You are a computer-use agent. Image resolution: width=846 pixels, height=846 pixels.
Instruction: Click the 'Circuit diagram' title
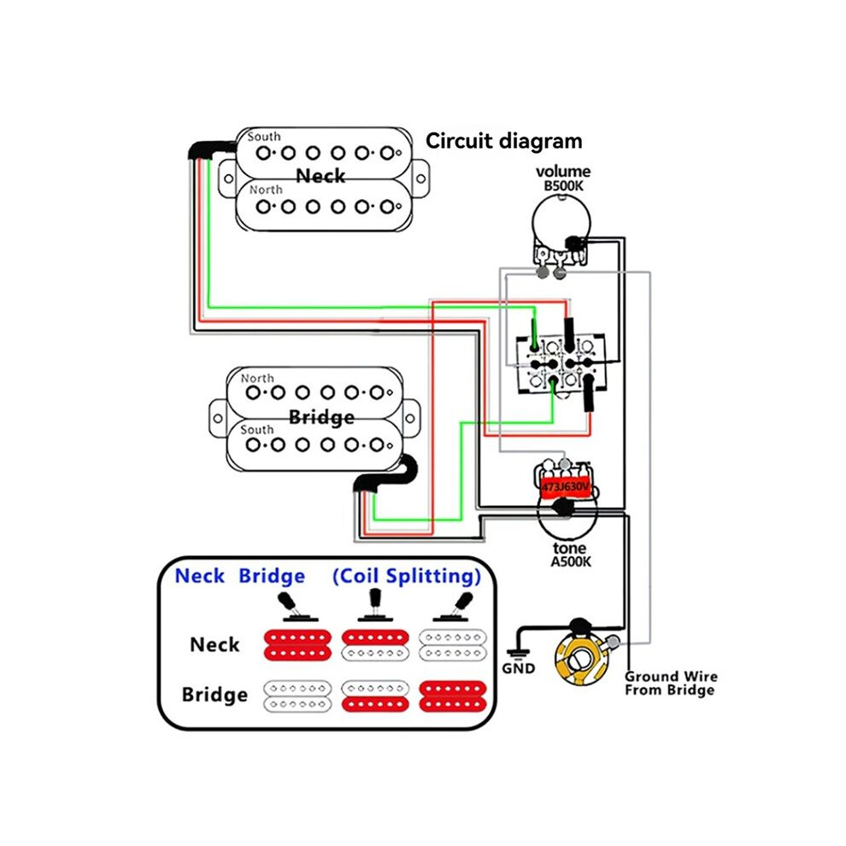pyautogui.click(x=504, y=141)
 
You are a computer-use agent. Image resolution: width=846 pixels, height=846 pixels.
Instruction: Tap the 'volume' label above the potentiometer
pyautogui.click(x=563, y=172)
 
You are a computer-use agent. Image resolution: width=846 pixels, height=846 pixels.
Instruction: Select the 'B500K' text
pyautogui.click(x=563, y=186)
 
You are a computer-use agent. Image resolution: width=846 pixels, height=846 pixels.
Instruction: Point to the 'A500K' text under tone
pyautogui.click(x=571, y=561)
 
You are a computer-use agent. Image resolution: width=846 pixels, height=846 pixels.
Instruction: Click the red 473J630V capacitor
pyautogui.click(x=566, y=487)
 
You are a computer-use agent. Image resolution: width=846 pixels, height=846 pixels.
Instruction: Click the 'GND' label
pyautogui.click(x=519, y=668)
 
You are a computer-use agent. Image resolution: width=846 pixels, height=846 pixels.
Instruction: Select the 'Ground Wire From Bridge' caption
pyautogui.click(x=671, y=683)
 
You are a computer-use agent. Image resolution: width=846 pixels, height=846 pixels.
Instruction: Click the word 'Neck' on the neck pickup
pyautogui.click(x=320, y=176)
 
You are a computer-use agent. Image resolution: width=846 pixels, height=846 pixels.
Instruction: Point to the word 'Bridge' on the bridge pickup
pyautogui.click(x=321, y=417)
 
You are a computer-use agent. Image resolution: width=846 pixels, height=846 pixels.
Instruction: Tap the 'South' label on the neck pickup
pyautogui.click(x=264, y=137)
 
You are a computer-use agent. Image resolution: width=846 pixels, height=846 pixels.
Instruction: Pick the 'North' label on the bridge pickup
pyautogui.click(x=257, y=379)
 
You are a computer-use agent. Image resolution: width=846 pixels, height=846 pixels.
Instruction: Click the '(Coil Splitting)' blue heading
pyautogui.click(x=407, y=576)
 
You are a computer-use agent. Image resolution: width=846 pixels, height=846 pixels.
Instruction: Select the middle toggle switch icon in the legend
pyautogui.click(x=374, y=605)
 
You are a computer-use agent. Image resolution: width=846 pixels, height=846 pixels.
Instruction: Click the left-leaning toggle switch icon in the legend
pyautogui.click(x=295, y=607)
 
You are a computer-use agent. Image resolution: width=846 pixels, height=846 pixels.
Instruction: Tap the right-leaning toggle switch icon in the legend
pyautogui.click(x=456, y=607)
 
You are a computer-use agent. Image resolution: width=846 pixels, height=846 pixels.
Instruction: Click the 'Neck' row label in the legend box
pyautogui.click(x=214, y=644)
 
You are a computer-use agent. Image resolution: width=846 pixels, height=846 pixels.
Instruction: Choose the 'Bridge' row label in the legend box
pyautogui.click(x=214, y=695)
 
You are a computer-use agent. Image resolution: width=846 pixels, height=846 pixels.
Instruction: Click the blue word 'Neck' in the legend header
pyautogui.click(x=200, y=576)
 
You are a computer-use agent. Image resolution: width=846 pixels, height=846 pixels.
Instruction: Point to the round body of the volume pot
pyautogui.click(x=561, y=222)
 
